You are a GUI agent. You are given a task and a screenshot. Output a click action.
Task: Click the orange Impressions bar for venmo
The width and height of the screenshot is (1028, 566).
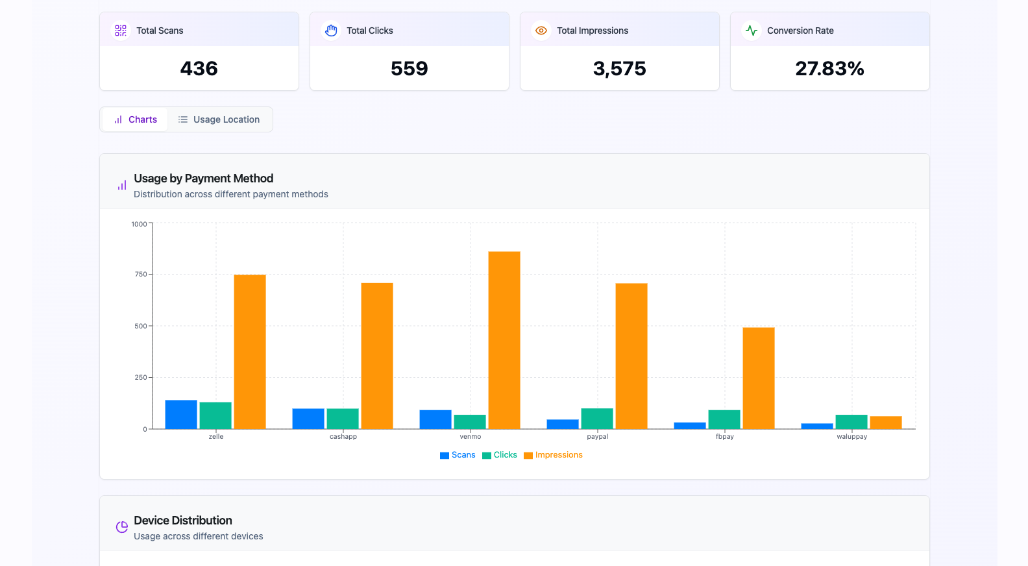click(x=504, y=340)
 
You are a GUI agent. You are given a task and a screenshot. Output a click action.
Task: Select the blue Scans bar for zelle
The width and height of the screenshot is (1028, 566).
click(x=181, y=415)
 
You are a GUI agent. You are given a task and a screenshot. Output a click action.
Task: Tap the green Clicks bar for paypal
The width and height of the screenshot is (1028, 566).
click(x=597, y=419)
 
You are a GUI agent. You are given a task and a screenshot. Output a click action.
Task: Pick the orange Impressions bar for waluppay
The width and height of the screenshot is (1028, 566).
click(x=886, y=423)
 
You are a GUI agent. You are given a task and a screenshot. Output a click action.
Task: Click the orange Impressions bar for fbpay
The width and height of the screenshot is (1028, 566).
click(x=759, y=378)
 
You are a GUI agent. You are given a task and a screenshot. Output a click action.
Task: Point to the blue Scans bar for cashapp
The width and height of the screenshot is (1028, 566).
click(x=308, y=419)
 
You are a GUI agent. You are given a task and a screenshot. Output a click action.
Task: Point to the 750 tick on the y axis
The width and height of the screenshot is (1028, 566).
click(x=141, y=275)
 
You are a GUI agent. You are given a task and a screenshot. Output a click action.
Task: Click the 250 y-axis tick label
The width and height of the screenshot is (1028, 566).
click(x=141, y=377)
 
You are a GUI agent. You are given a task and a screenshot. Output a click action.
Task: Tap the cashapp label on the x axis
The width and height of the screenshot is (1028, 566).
click(x=343, y=437)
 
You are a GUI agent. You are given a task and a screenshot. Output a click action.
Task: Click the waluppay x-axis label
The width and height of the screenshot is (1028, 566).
click(x=852, y=437)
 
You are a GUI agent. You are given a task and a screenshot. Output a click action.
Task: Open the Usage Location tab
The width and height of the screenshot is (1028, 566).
click(x=219, y=119)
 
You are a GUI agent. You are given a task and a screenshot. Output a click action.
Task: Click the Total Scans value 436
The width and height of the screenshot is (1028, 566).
click(x=199, y=69)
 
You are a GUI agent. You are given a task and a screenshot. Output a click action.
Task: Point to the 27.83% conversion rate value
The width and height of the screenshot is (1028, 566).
click(x=829, y=69)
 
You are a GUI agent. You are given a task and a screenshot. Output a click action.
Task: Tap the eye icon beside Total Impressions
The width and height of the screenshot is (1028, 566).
click(x=541, y=31)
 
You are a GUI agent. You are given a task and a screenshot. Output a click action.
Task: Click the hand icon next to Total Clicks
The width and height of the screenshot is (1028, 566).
click(x=331, y=31)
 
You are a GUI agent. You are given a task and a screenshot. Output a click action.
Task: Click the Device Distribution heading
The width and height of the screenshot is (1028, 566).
click(x=183, y=521)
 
